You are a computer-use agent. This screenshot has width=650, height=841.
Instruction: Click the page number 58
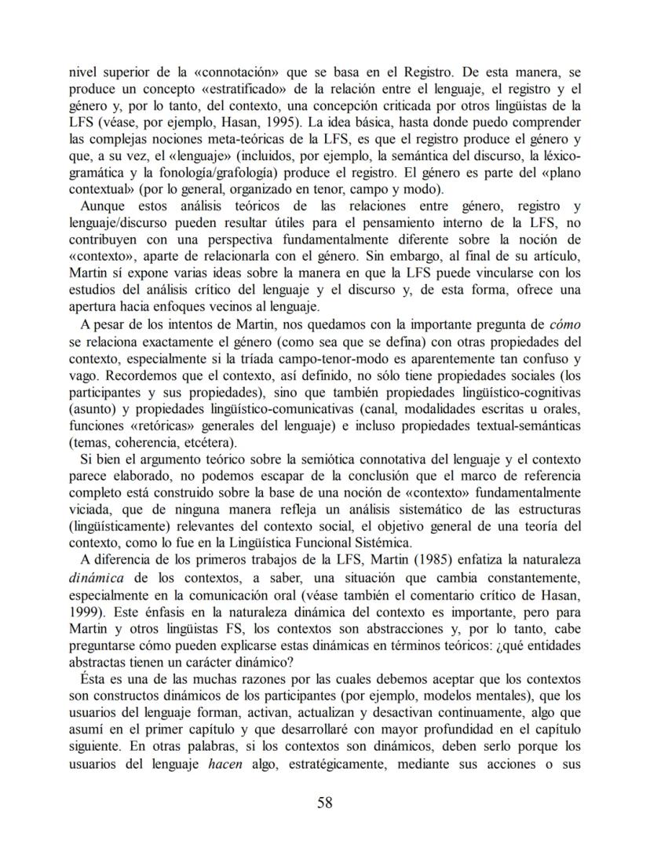point(325,802)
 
